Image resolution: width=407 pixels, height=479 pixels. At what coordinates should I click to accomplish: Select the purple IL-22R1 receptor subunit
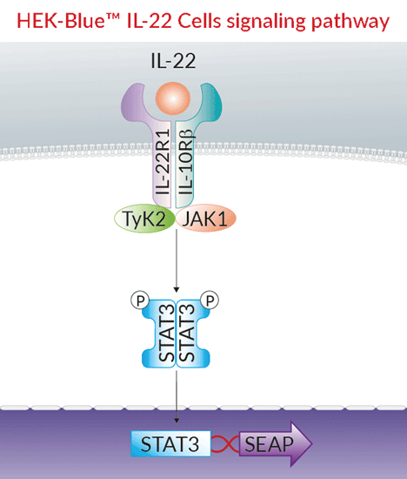pos(162,165)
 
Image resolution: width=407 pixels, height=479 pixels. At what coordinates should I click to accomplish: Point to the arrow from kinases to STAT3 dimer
pos(177,261)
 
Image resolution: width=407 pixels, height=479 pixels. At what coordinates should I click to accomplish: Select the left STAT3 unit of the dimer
pos(162,334)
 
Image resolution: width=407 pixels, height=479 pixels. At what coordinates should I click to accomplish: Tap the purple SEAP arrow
pos(273,445)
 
